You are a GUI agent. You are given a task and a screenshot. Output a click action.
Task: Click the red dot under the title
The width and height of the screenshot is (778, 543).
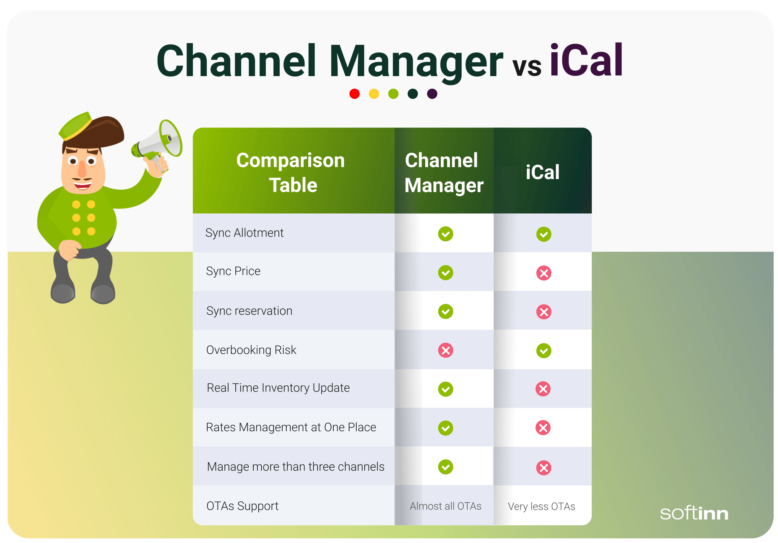pyautogui.click(x=355, y=94)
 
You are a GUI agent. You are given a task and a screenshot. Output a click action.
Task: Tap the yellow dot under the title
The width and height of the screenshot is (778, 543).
pyautogui.click(x=374, y=94)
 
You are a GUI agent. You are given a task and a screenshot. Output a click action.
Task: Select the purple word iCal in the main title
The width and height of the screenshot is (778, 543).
pyautogui.click(x=586, y=60)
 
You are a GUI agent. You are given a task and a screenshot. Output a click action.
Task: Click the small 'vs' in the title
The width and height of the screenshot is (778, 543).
pyautogui.click(x=527, y=66)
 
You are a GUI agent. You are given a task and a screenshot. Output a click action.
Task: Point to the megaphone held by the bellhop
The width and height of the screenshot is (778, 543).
pyautogui.click(x=159, y=141)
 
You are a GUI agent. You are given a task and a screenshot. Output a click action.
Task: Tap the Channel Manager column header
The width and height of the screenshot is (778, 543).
pyautogui.click(x=444, y=173)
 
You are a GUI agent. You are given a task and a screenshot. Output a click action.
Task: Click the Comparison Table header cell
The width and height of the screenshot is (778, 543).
pyautogui.click(x=292, y=173)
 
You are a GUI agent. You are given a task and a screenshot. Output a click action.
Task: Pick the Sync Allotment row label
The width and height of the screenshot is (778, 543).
pyautogui.click(x=244, y=233)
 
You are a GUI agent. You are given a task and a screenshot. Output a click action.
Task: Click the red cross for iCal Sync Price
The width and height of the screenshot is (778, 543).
pyautogui.click(x=544, y=273)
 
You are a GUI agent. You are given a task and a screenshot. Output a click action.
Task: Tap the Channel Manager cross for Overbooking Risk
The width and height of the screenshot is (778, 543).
pyautogui.click(x=446, y=350)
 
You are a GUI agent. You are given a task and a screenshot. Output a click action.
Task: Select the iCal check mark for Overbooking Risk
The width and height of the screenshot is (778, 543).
pyautogui.click(x=544, y=351)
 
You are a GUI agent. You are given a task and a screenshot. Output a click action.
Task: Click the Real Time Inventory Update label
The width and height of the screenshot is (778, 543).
pyautogui.click(x=278, y=388)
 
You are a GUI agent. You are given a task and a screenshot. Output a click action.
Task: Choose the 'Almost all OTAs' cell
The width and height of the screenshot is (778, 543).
pyautogui.click(x=445, y=506)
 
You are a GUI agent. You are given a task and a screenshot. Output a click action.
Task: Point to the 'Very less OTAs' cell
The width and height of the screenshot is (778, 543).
pyautogui.click(x=541, y=506)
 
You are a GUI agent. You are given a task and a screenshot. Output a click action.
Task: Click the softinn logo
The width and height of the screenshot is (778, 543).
pyautogui.click(x=694, y=513)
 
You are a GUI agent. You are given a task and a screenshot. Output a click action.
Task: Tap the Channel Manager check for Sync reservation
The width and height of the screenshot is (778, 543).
pyautogui.click(x=446, y=312)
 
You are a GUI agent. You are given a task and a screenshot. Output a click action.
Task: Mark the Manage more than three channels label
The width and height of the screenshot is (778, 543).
pyautogui.click(x=296, y=467)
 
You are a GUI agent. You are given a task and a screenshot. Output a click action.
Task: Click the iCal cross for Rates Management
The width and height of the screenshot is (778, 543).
pyautogui.click(x=543, y=428)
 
